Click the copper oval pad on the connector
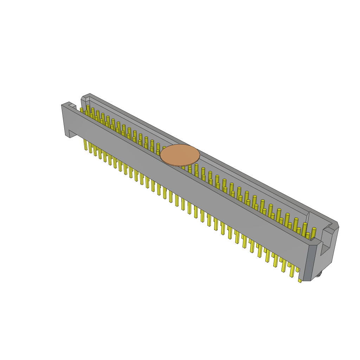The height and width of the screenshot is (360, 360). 180,155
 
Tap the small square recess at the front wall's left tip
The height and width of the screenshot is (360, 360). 72,105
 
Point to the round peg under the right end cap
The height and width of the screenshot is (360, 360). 318,274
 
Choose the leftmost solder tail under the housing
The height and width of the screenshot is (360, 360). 85,144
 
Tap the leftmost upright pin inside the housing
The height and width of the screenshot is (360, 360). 82,110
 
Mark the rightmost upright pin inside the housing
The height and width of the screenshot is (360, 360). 314,233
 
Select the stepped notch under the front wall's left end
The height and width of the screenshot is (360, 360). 72,134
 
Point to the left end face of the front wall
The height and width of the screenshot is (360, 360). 65,120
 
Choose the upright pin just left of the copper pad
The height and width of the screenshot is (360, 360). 158,147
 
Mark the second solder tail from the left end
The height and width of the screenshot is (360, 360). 90,147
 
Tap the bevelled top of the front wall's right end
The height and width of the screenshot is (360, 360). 316,242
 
